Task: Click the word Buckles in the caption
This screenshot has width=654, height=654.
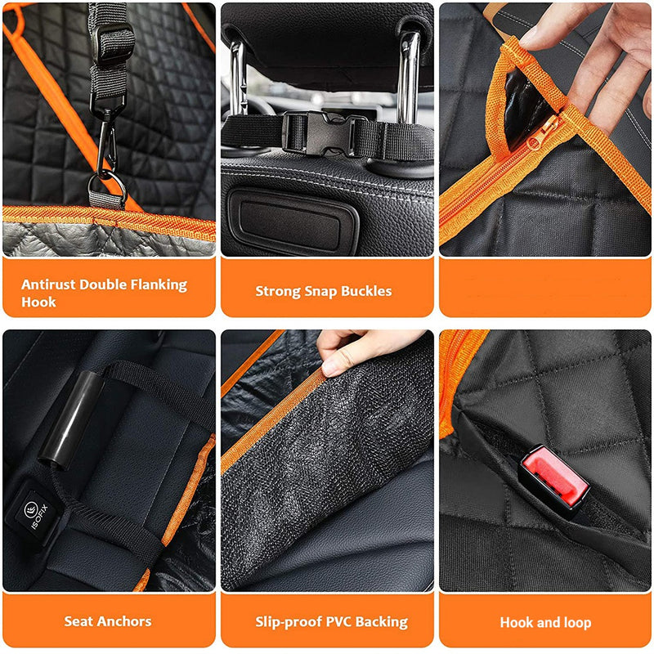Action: pos(363,291)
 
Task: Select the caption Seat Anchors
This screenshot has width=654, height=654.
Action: pos(108,621)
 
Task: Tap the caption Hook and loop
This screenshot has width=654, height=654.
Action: pos(545,622)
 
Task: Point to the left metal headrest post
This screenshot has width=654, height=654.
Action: pos(237,78)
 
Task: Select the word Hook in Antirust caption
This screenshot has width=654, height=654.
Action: pos(38,302)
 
